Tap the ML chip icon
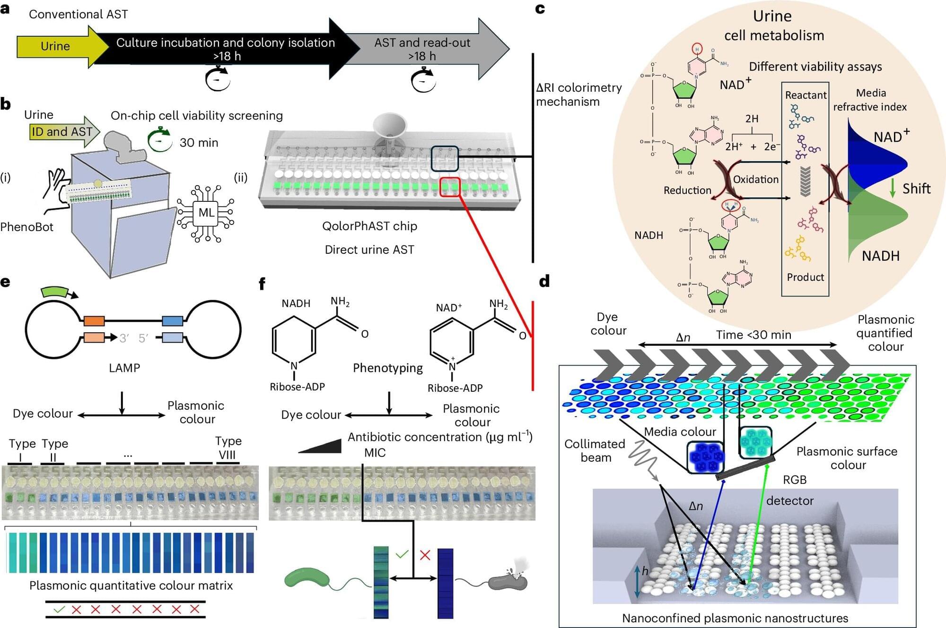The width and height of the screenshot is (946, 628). coord(206,213)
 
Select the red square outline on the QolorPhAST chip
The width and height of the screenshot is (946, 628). coord(449,187)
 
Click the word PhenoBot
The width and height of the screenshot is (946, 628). coord(27,227)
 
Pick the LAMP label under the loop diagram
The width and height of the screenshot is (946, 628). coord(124,368)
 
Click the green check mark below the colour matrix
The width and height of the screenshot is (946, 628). coord(59,610)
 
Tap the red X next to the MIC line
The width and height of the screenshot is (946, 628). coord(425,555)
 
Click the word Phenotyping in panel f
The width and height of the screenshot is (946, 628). coord(388,368)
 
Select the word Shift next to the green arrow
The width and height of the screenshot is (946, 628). coord(916,189)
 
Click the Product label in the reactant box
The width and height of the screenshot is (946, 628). coord(805,277)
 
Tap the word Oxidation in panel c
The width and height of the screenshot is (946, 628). coord(755,180)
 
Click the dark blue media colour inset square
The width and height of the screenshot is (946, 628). coord(705,457)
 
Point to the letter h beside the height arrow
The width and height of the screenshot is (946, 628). coord(645,571)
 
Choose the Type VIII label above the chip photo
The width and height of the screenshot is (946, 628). coord(228,447)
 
